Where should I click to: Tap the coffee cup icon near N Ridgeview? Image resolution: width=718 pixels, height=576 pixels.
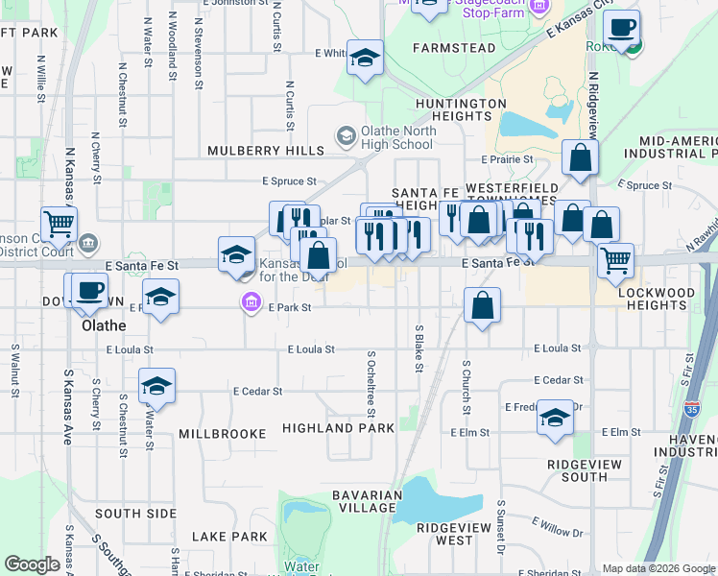point(621,29)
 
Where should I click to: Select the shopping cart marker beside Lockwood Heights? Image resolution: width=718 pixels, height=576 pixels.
point(615,259)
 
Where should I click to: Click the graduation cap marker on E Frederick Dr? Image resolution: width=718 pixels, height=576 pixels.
point(555,419)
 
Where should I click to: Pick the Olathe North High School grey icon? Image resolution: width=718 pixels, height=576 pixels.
point(345,137)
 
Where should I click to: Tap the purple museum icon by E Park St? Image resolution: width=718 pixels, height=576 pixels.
point(251,304)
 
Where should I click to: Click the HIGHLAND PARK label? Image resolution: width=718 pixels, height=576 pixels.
point(339,426)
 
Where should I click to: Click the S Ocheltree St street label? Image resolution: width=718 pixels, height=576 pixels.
point(371,383)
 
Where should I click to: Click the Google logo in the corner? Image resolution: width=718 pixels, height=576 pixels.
point(32,564)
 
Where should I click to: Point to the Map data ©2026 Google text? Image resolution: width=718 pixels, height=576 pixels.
point(658,568)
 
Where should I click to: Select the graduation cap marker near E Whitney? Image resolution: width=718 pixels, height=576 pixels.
point(365,58)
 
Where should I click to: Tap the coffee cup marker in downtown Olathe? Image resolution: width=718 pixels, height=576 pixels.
point(90,290)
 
